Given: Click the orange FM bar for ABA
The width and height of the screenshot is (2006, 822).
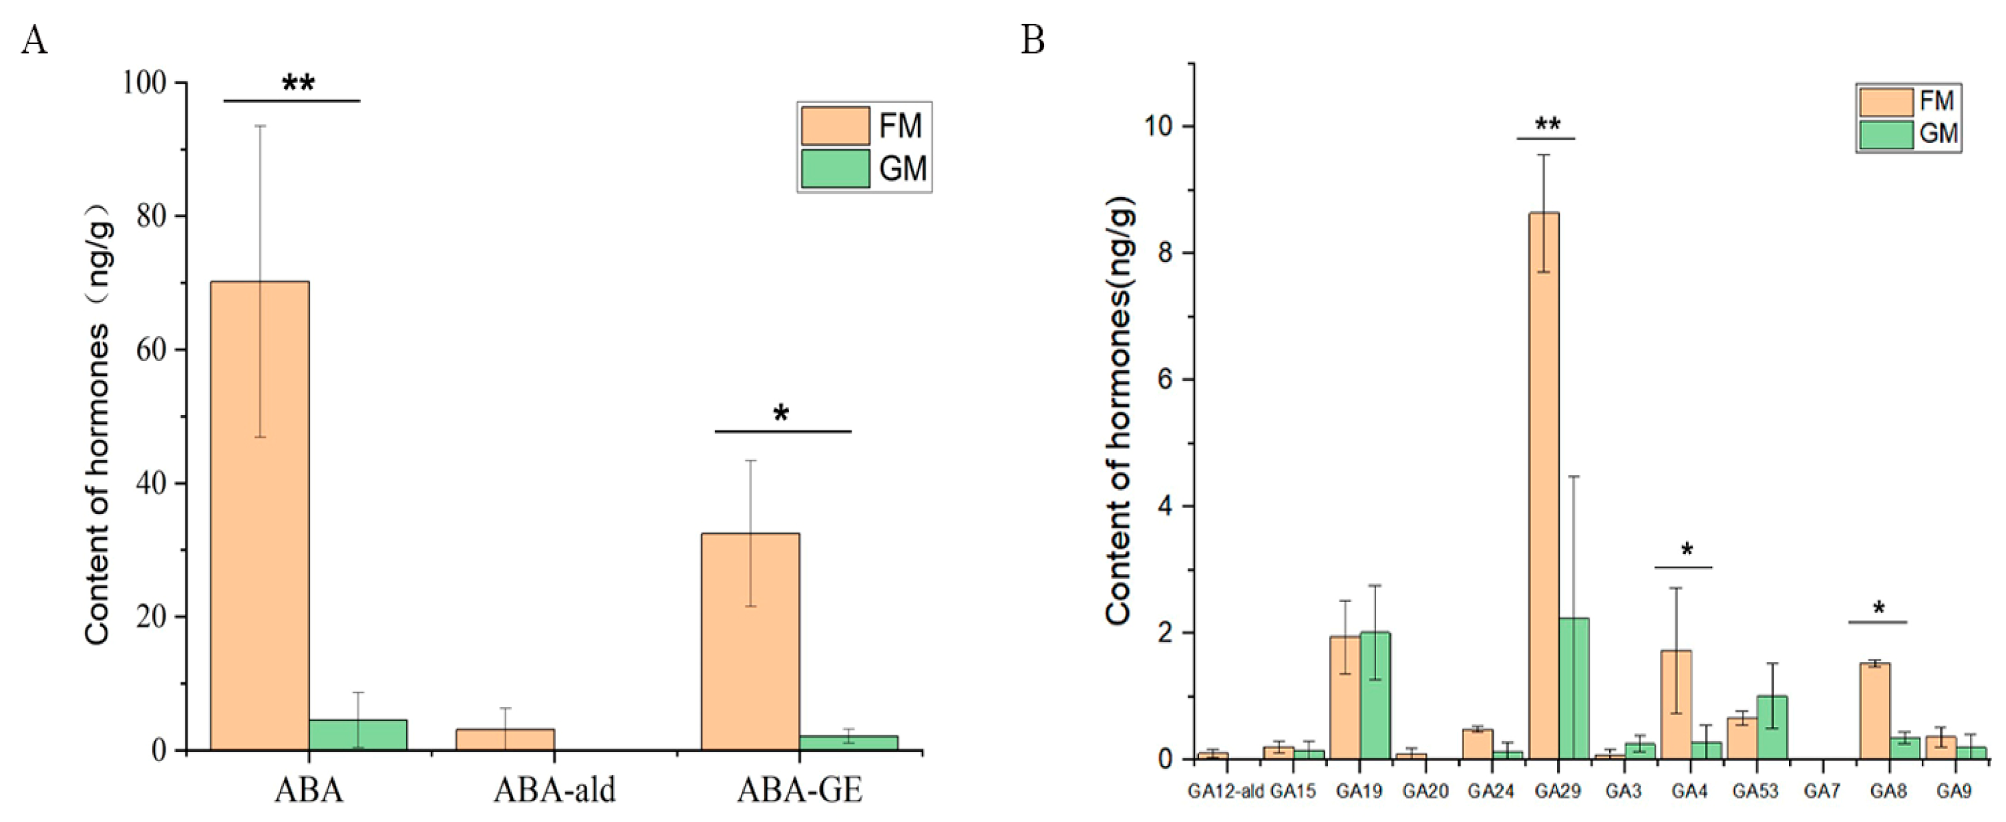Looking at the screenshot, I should click(259, 514).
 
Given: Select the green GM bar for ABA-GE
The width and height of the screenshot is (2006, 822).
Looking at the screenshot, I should click(848, 742).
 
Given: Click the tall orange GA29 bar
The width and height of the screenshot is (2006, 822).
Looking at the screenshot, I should click(1544, 483).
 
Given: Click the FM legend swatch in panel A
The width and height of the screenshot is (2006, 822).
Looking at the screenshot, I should click(835, 126).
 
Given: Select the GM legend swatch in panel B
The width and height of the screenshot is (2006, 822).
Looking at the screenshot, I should click(1886, 134).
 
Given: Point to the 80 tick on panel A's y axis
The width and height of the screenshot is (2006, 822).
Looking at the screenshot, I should click(152, 216).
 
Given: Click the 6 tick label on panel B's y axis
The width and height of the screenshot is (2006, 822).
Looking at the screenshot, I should click(1165, 380).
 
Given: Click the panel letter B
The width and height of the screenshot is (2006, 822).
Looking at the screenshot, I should click(1033, 39).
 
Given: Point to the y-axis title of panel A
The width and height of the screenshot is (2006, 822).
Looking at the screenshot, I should click(98, 424).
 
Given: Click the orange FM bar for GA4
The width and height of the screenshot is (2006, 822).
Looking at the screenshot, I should click(1676, 704).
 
